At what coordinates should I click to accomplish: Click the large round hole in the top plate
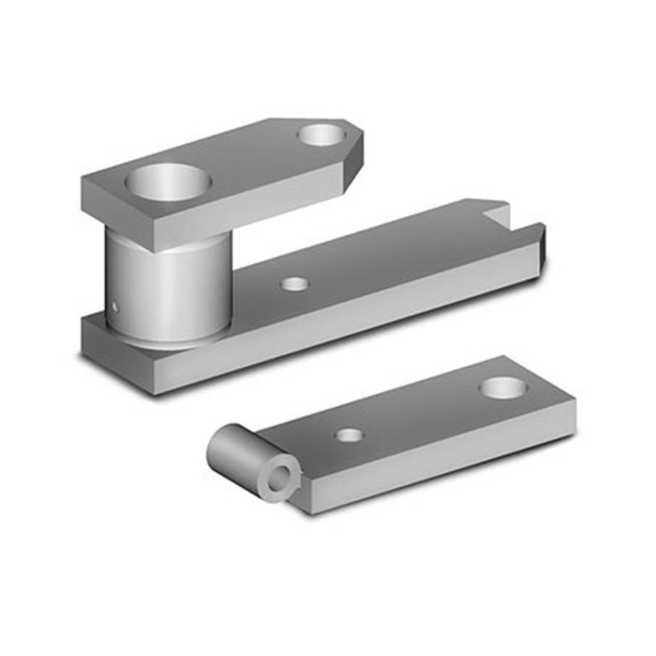pyautogui.click(x=168, y=183)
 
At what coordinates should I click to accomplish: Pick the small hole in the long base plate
pyautogui.click(x=294, y=285)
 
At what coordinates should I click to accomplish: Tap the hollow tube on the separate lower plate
pyautogui.click(x=238, y=455)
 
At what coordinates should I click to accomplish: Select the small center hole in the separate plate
pyautogui.click(x=349, y=434)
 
